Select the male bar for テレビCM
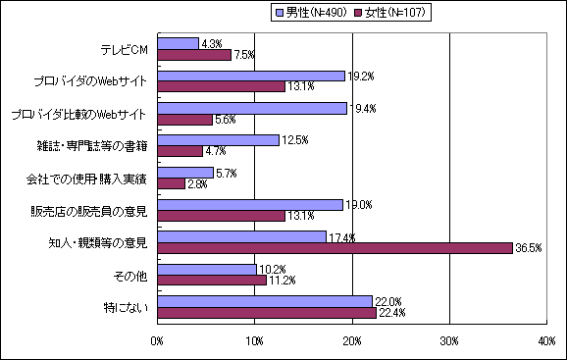click(178, 43)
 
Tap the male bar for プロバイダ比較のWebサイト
click(252, 108)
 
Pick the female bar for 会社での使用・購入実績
click(171, 183)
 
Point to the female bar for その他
click(212, 280)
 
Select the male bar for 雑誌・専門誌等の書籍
click(218, 140)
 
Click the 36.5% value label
click(528, 249)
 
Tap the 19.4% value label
click(363, 108)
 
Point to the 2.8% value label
click(199, 183)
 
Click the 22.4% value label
click(390, 313)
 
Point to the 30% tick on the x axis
click(449, 339)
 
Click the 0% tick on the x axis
click(157, 339)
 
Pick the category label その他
click(130, 275)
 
